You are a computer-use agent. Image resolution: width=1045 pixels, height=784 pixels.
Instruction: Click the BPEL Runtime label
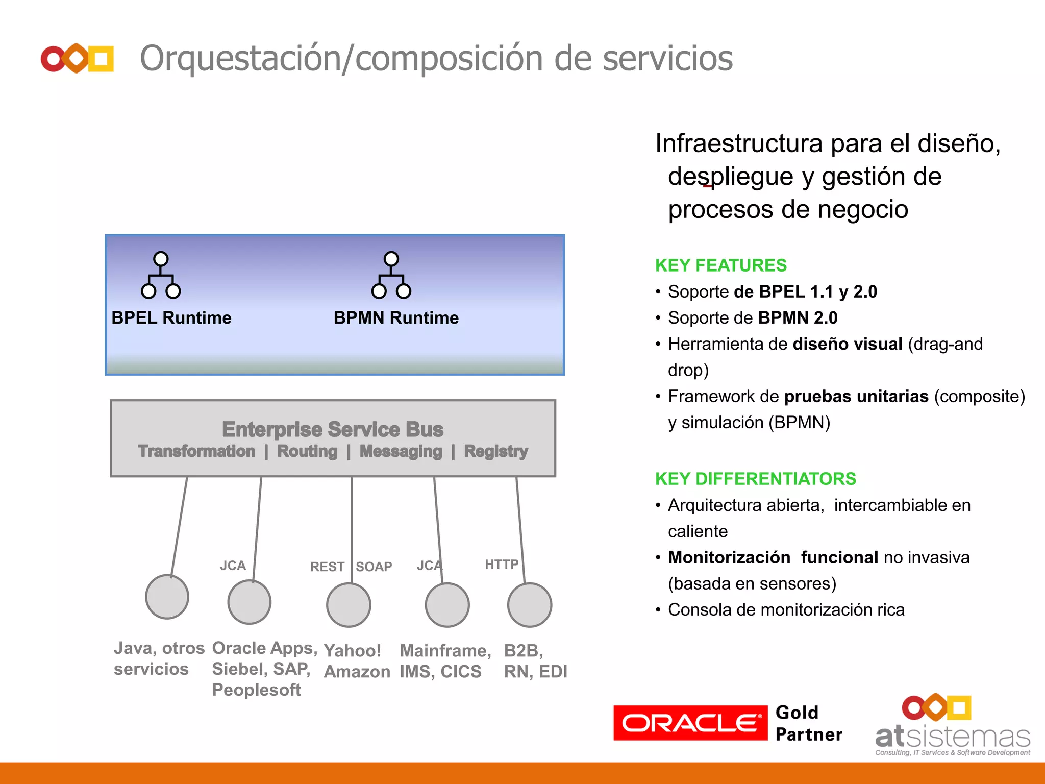[x=171, y=318]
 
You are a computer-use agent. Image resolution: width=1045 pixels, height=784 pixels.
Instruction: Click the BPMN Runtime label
[x=396, y=318]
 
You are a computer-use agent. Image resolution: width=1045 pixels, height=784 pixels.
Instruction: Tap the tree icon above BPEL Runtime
[x=161, y=275]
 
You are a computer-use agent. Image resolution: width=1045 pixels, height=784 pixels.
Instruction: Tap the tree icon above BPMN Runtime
[x=391, y=275]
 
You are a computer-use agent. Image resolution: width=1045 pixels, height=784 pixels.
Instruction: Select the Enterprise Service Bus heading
[x=333, y=429]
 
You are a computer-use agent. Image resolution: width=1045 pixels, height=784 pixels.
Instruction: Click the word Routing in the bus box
[x=307, y=451]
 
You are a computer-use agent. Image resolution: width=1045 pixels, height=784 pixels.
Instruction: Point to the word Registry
[x=496, y=451]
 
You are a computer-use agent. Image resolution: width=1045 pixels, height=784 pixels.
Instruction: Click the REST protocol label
[x=327, y=567]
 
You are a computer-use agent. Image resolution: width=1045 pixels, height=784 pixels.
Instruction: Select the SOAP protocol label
[x=374, y=567]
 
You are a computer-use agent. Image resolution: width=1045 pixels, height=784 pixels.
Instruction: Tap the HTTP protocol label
[x=502, y=564]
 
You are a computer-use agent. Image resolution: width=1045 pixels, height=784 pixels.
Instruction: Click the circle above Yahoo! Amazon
[x=349, y=605]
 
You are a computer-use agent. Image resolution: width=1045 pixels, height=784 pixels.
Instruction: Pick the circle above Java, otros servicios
[x=167, y=597]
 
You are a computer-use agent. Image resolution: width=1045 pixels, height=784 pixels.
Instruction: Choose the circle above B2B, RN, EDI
[x=530, y=605]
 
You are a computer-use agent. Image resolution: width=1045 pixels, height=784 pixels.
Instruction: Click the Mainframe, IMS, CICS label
[x=445, y=661]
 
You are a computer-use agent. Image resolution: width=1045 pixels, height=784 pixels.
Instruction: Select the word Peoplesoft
[x=257, y=690]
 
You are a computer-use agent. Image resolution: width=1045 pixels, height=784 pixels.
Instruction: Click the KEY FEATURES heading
[x=720, y=265]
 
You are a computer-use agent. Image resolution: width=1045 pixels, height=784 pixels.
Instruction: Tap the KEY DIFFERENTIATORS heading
[x=755, y=479]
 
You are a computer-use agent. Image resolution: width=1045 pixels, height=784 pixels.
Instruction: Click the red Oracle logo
[x=690, y=723]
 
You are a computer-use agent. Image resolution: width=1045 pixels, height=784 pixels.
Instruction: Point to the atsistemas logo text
[x=953, y=737]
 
